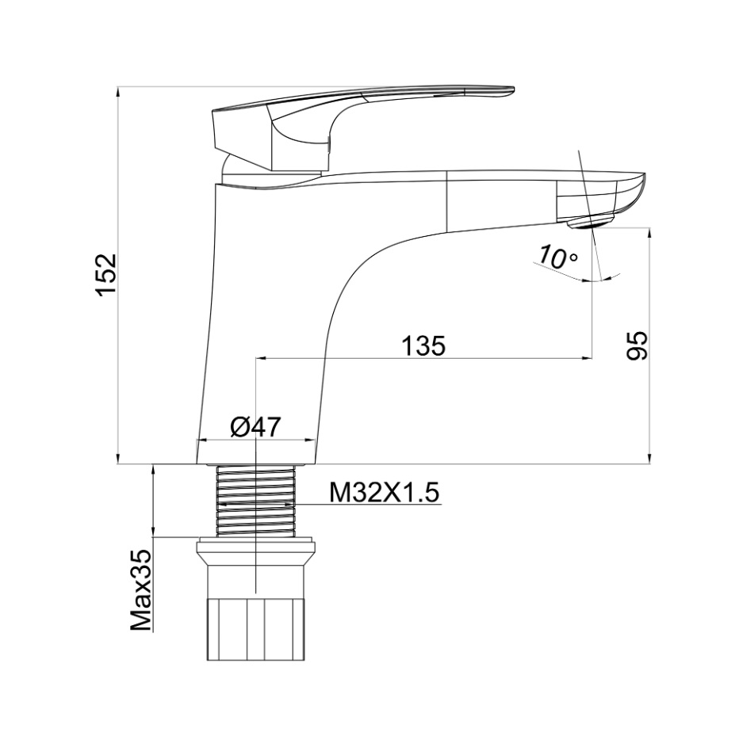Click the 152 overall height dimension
tap(106, 275)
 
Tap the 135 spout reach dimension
tap(423, 346)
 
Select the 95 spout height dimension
tap(638, 345)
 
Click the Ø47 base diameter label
tap(256, 427)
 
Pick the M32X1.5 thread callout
tap(385, 494)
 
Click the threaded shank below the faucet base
tap(255, 501)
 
